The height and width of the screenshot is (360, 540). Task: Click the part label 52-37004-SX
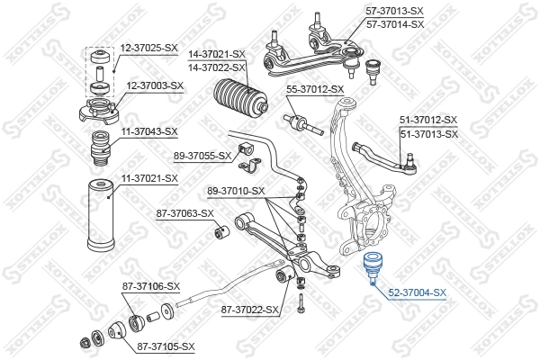(x=417, y=293)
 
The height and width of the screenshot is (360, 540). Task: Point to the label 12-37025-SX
(x=149, y=47)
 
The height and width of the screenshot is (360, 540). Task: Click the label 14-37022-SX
(x=217, y=67)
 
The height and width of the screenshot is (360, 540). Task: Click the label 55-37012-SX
(x=315, y=89)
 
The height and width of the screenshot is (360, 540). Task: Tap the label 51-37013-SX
(x=428, y=133)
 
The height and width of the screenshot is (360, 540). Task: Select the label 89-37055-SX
(x=202, y=156)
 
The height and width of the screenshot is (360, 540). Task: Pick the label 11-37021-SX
(x=148, y=178)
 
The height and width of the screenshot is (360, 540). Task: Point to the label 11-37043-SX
(x=150, y=131)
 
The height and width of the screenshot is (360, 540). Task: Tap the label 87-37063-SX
(x=184, y=213)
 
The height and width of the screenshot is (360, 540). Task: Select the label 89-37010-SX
(x=236, y=191)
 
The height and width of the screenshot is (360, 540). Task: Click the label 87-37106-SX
(x=151, y=286)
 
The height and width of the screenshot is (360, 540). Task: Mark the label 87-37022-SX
(x=249, y=310)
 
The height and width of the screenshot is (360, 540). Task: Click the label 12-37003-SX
(x=154, y=85)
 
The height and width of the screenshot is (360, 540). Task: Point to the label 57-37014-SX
(x=419, y=24)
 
